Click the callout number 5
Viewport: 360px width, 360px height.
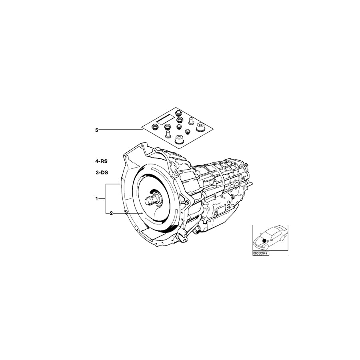(96, 130)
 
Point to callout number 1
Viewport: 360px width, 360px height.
(96, 198)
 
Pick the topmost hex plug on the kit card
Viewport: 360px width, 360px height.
(179, 112)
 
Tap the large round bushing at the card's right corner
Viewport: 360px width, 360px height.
(201, 128)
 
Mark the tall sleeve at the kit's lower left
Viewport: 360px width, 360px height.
(167, 134)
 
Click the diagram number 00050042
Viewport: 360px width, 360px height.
(260, 253)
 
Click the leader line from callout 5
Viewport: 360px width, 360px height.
(120, 130)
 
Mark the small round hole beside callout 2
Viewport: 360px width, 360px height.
(126, 211)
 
